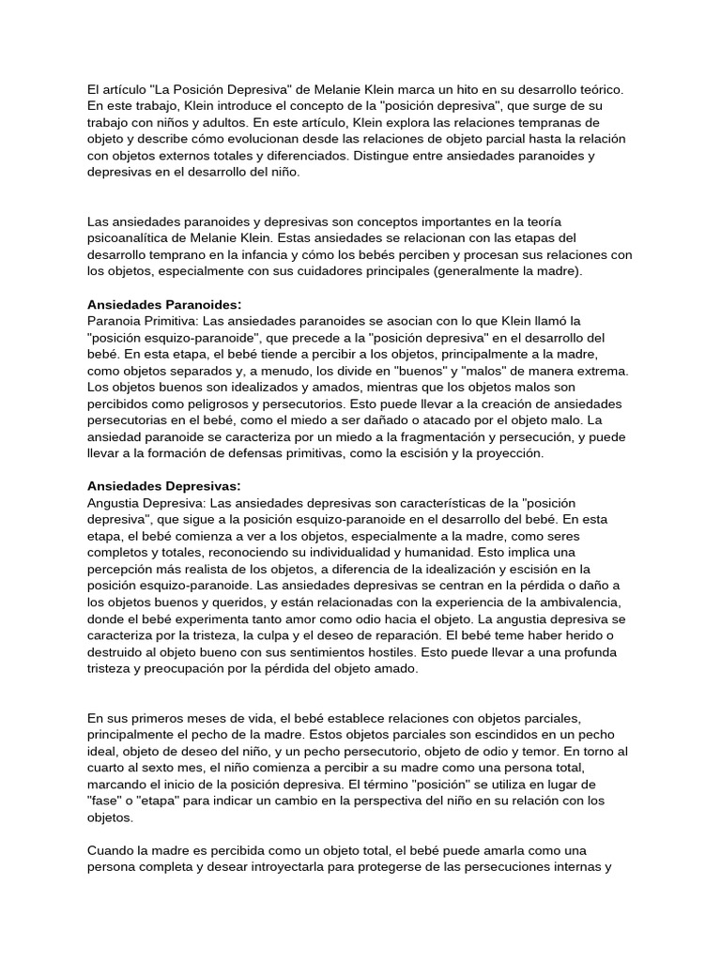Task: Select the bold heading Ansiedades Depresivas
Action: pos(163,485)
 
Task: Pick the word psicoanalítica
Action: pos(131,237)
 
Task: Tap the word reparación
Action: pos(398,636)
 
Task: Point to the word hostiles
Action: pos(398,653)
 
